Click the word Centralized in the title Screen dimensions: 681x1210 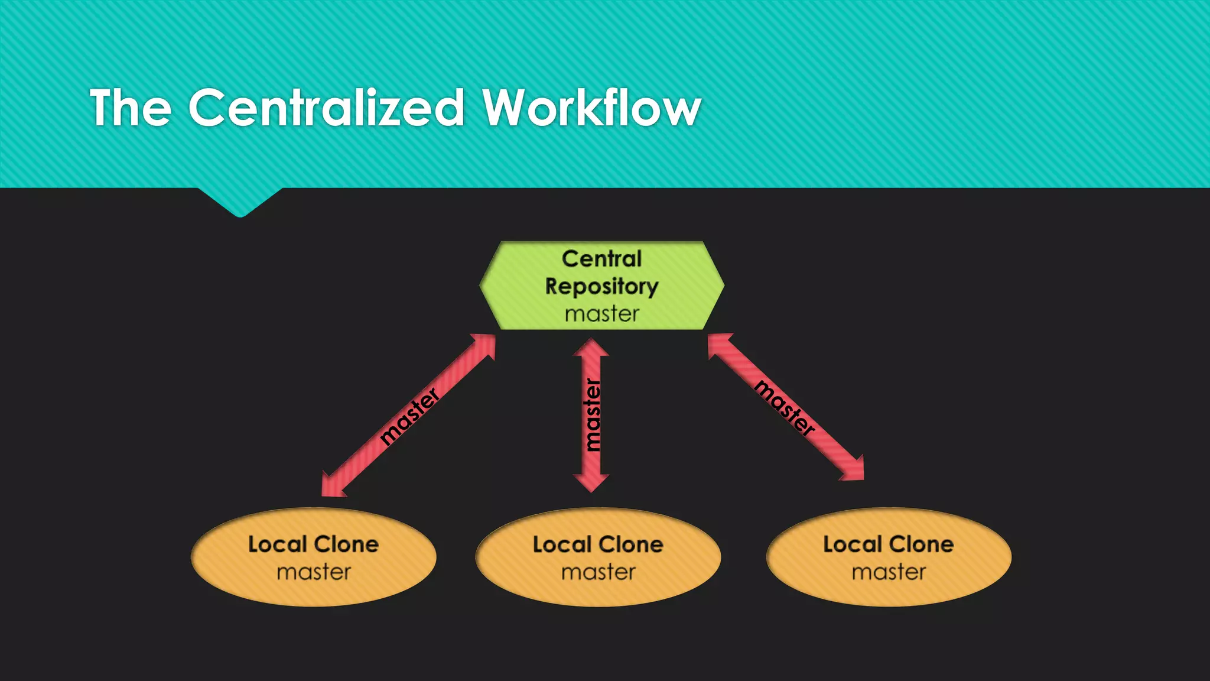click(x=326, y=108)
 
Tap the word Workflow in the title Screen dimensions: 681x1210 click(x=591, y=108)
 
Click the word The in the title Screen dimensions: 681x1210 click(x=131, y=108)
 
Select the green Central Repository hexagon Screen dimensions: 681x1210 click(x=601, y=286)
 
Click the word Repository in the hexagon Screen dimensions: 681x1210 click(x=601, y=286)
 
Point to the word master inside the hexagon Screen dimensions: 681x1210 click(x=601, y=314)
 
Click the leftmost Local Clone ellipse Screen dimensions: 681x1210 click(x=314, y=557)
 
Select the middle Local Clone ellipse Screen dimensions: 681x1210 click(x=598, y=557)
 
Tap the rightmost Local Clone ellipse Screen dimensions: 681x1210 click(x=888, y=557)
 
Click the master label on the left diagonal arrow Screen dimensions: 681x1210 click(x=409, y=416)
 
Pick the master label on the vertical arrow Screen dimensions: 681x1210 click(x=591, y=415)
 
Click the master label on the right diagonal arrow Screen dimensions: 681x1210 click(x=785, y=408)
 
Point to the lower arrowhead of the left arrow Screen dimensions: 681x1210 click(x=331, y=486)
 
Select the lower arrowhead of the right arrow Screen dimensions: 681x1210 click(x=854, y=470)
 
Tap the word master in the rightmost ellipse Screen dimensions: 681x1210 click(x=888, y=572)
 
